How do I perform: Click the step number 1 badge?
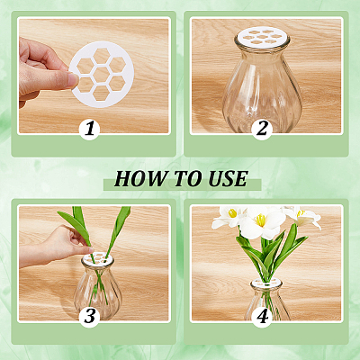coord(89,130)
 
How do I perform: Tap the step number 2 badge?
coord(262,130)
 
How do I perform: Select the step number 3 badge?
coord(89,317)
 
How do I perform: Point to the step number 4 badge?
coord(262,317)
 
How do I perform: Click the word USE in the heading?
coord(228,179)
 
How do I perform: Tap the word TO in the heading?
coord(187,179)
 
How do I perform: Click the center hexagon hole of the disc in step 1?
coord(102,75)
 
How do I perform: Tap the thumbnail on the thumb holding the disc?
coord(73,79)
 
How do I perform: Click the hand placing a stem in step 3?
coord(57,246)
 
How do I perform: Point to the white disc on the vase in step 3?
coord(97,257)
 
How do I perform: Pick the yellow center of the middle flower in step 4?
coord(260,220)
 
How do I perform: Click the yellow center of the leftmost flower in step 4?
coord(232,213)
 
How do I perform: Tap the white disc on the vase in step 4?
coord(266,283)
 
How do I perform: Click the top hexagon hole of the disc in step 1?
coord(102,56)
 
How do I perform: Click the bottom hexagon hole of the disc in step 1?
coord(102,93)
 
